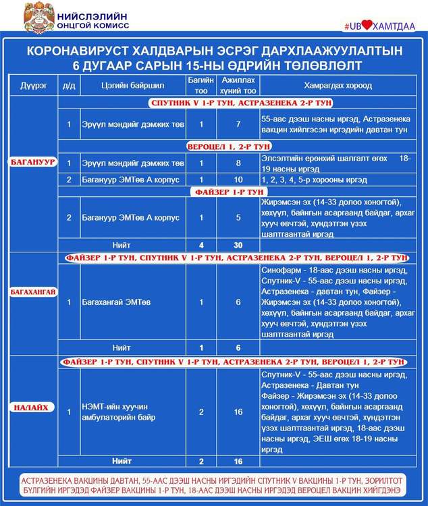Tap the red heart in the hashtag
click(x=367, y=26)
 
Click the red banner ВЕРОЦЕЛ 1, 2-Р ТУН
click(x=230, y=146)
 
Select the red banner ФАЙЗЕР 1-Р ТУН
click(x=230, y=192)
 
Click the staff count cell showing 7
click(x=238, y=124)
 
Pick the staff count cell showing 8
click(x=238, y=163)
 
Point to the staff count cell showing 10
click(x=238, y=180)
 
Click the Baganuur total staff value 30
click(x=238, y=245)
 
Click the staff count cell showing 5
click(x=238, y=217)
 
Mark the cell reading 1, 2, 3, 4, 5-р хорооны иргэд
click(x=314, y=180)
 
